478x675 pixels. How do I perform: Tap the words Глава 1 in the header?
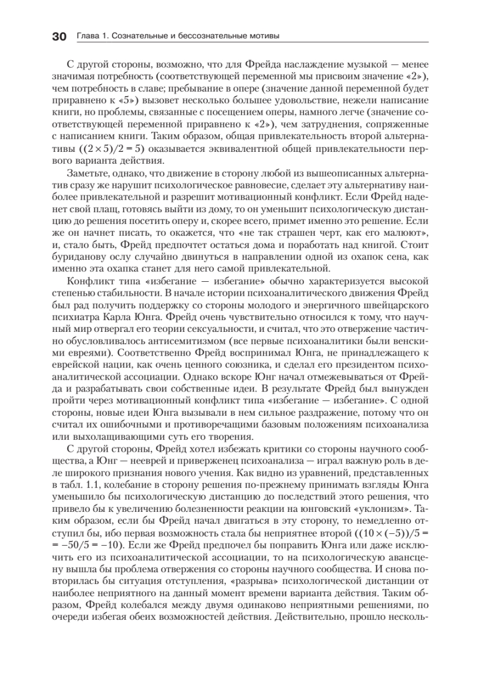87,37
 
